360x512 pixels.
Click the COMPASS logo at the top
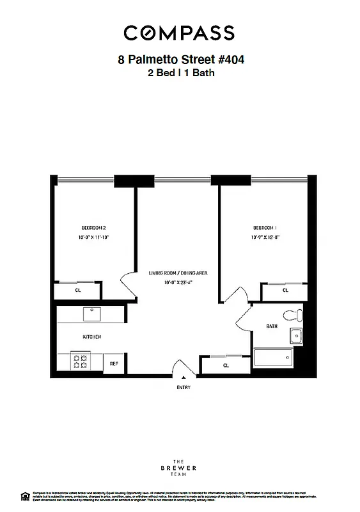[x=179, y=33]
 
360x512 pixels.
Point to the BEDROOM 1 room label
[x=265, y=228]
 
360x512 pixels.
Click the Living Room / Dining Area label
[x=178, y=273]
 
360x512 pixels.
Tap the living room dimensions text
[x=178, y=282]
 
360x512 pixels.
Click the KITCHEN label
[x=91, y=337]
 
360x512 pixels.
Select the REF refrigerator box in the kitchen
[x=114, y=363]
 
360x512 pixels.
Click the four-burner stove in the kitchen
[x=81, y=362]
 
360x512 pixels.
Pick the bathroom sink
[x=296, y=336]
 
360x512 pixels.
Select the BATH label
[x=272, y=326]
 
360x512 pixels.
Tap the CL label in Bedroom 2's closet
[x=78, y=290]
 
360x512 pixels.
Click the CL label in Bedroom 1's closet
[x=285, y=290]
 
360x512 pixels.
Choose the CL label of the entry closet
[x=226, y=365]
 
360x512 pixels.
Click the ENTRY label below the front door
[x=184, y=387]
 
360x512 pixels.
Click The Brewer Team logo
[x=181, y=468]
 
